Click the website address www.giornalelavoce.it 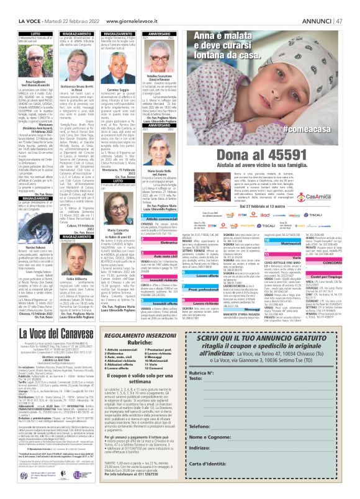[138, 5]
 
